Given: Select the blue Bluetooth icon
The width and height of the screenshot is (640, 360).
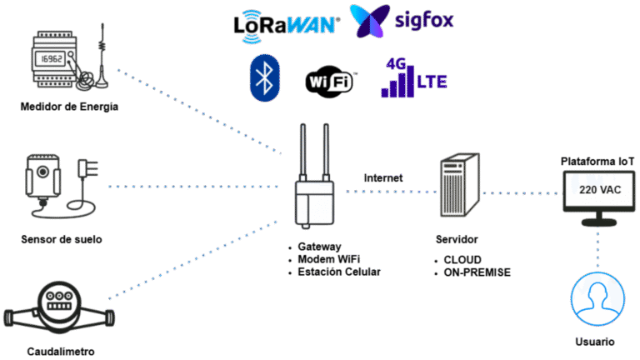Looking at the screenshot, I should [x=264, y=79].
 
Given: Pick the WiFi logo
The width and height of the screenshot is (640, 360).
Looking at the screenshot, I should [x=330, y=82].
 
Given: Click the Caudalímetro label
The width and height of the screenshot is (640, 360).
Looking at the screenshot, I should [x=60, y=351].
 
